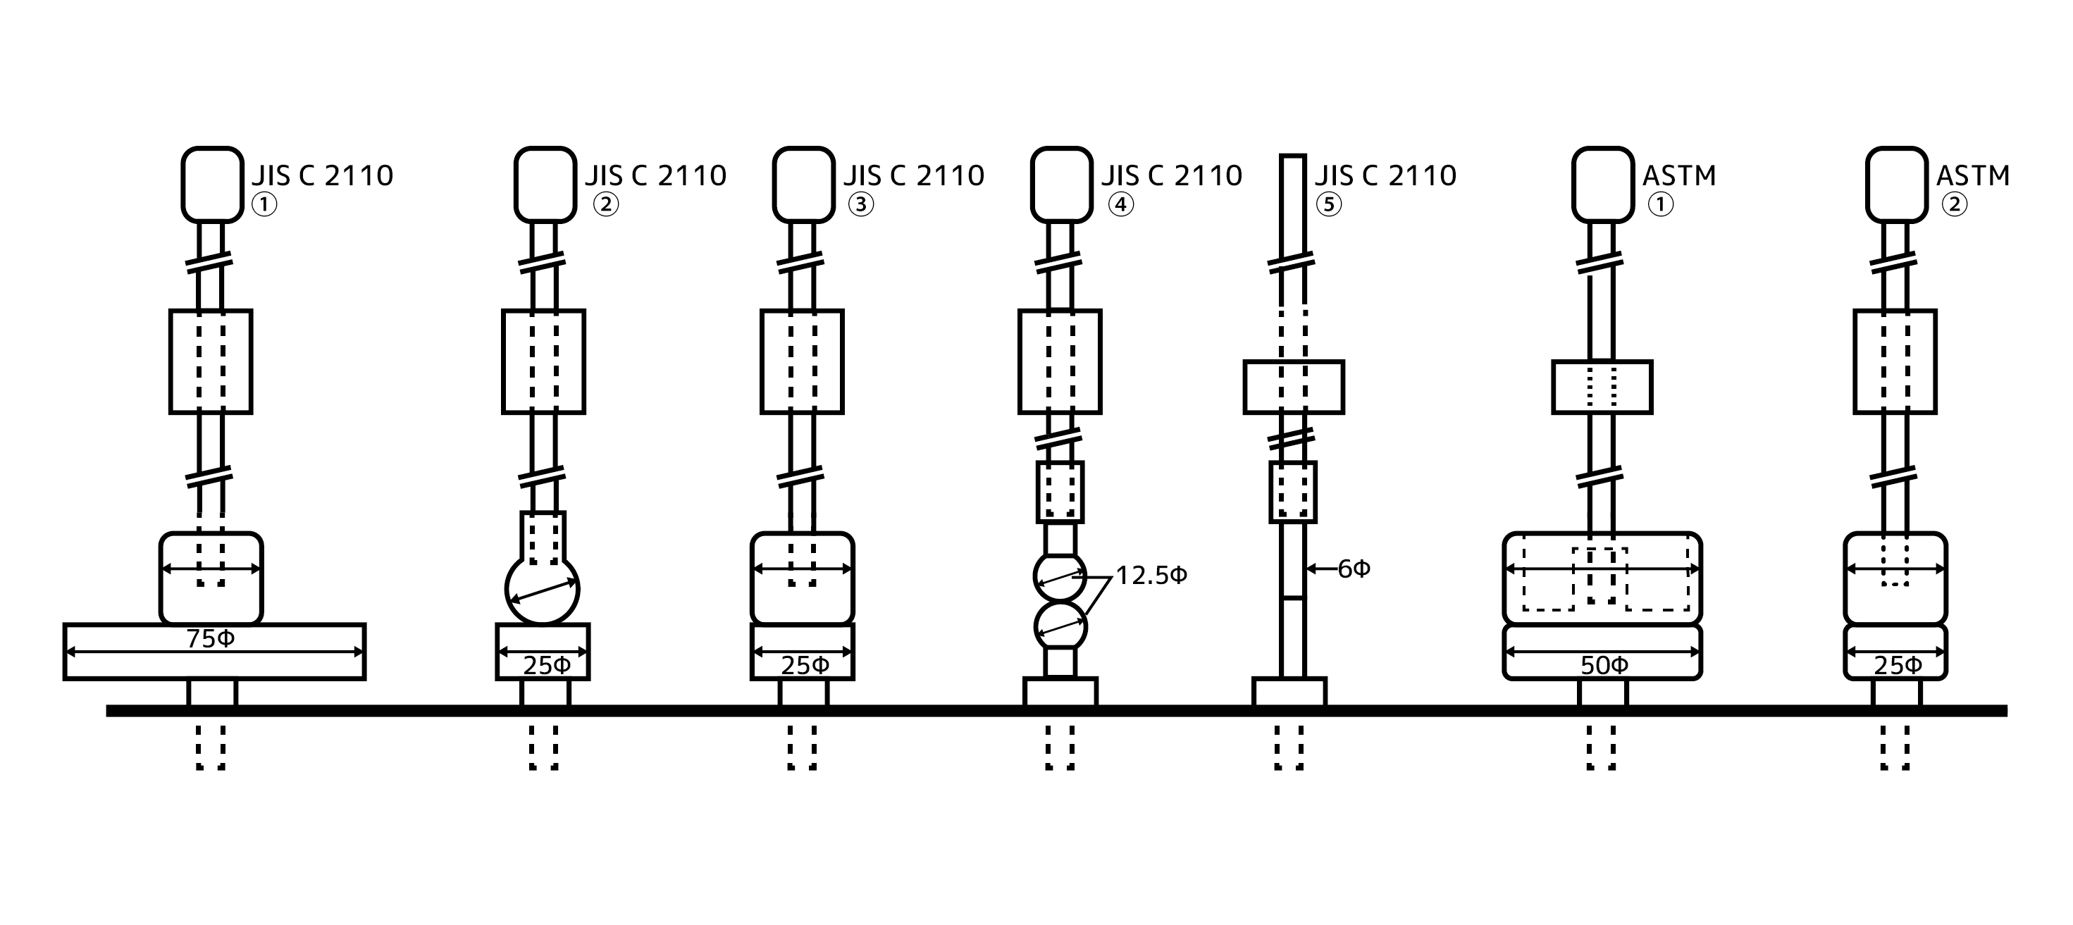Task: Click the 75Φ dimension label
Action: (211, 639)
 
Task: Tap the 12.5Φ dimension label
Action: (1151, 576)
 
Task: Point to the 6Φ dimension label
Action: (1354, 569)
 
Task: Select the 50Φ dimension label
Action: (1604, 665)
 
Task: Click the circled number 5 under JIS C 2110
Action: (1329, 204)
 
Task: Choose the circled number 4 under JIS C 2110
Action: (1121, 204)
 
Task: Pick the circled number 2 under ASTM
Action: (1955, 204)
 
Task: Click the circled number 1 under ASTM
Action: (1661, 204)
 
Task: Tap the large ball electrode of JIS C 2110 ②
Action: (543, 589)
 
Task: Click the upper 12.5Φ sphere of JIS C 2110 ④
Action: (1060, 576)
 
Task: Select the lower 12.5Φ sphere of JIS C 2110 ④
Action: (1060, 626)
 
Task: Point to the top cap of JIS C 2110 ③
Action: (803, 184)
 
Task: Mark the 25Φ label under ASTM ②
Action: (1898, 665)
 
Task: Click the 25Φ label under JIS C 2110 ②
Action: (546, 665)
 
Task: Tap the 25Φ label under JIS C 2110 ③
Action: (805, 665)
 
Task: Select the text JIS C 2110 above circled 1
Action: (323, 175)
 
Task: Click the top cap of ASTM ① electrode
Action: (1602, 184)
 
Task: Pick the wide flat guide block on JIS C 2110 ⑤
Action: (1293, 387)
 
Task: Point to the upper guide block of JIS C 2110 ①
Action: (211, 361)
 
